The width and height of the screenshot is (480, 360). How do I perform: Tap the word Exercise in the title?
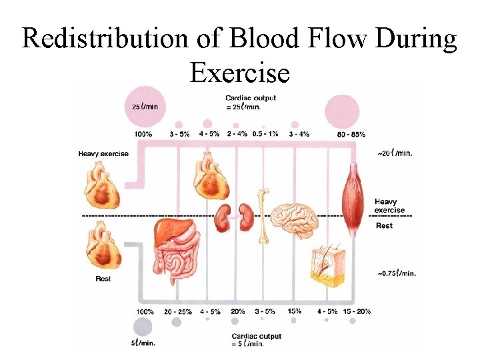pos(239,72)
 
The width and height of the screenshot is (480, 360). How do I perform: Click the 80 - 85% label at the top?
pos(351,134)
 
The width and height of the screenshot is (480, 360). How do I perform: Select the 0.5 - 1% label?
pos(265,134)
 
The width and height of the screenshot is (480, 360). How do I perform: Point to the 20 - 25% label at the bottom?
pos(178,311)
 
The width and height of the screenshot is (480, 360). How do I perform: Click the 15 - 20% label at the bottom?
pos(355,311)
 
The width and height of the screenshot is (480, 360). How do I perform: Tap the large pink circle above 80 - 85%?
pos(341,111)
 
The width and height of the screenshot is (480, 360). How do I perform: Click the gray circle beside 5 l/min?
pos(141,326)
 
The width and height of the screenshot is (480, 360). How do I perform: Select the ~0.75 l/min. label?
pos(397,273)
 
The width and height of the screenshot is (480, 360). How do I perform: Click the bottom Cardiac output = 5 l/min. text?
pos(256,340)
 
